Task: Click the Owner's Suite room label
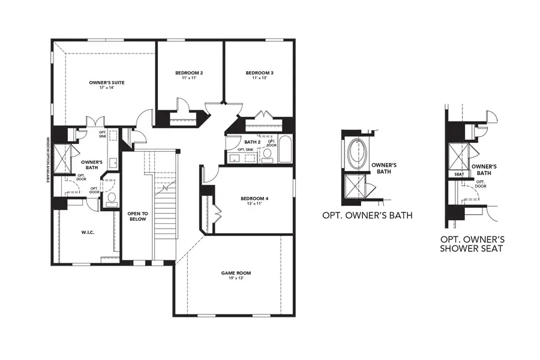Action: (106, 82)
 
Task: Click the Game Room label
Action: (236, 273)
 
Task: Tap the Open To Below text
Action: (137, 216)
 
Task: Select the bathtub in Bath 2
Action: (284, 150)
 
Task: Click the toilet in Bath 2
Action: (268, 155)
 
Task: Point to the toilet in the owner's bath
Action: (111, 199)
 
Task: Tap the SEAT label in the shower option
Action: (459, 174)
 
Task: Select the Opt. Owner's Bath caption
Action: (367, 215)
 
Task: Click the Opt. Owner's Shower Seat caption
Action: (471, 244)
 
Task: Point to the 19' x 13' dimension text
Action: (236, 278)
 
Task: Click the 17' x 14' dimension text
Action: (106, 88)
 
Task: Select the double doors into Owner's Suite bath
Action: (96, 122)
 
